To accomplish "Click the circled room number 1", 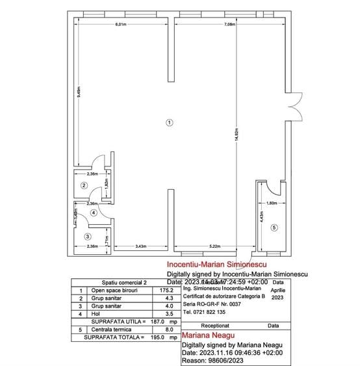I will (169, 122).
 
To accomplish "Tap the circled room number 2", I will (83, 185).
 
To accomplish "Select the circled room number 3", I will (88, 236).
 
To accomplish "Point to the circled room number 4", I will (94, 212).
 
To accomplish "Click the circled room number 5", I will (274, 228).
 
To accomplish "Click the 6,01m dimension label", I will (120, 24).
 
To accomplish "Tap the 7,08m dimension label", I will (229, 24).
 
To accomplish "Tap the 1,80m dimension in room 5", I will (272, 203).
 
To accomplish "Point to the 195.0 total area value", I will (159, 337).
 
